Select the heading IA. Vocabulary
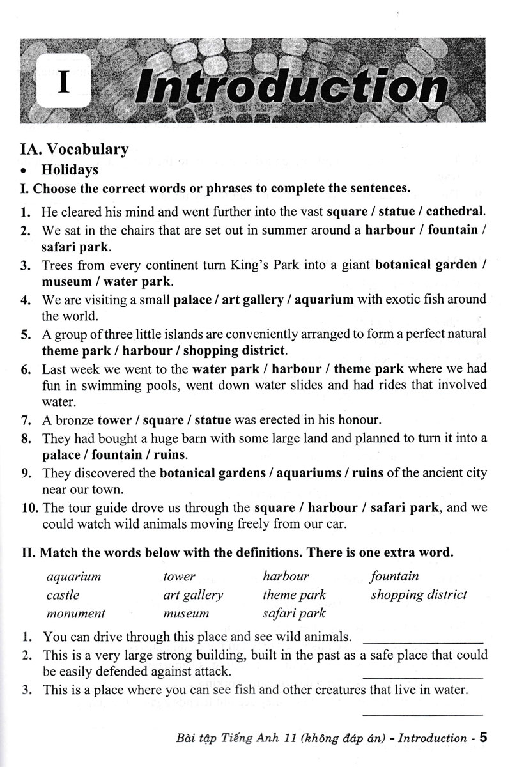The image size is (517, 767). point(74,150)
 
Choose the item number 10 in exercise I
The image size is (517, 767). point(29,509)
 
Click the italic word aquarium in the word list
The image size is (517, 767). point(74,576)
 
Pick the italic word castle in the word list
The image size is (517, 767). point(63,595)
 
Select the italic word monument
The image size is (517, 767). point(76,614)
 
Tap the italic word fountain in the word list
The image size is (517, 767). point(394,576)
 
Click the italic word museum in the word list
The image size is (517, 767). point(186,614)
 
